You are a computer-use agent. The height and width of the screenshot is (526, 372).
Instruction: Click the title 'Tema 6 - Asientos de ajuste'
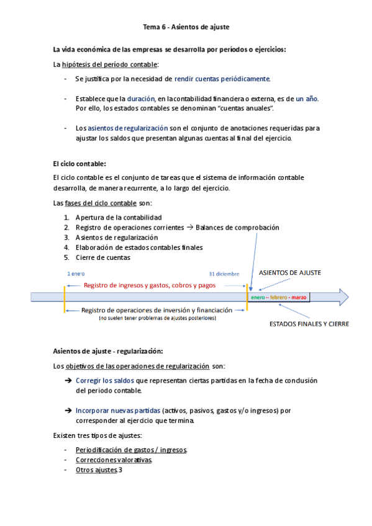[186, 27]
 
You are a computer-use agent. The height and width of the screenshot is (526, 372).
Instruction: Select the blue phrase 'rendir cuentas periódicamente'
[222, 79]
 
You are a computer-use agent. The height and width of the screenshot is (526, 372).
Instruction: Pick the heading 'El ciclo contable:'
[79, 164]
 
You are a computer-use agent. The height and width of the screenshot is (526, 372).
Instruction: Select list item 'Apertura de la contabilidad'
[118, 218]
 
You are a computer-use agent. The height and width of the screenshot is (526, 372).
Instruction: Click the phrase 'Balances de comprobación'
[237, 228]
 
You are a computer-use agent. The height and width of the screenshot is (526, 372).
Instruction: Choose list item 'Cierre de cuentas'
[102, 257]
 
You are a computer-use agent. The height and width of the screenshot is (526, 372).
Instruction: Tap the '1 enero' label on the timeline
[76, 274]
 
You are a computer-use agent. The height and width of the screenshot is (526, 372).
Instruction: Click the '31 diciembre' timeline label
[224, 274]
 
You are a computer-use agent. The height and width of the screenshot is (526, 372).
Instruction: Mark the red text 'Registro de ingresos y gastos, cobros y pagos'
[150, 286]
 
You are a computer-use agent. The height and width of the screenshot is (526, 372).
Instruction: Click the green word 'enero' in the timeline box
[258, 298]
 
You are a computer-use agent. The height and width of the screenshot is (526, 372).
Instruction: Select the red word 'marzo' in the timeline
[299, 298]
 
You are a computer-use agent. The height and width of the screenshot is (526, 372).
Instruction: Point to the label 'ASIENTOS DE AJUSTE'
[289, 273]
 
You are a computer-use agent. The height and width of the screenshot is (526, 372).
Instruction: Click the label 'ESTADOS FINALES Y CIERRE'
[309, 324]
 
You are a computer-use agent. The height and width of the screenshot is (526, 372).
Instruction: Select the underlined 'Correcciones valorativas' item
[114, 460]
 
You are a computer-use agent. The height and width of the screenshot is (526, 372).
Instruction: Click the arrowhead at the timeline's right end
[343, 298]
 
